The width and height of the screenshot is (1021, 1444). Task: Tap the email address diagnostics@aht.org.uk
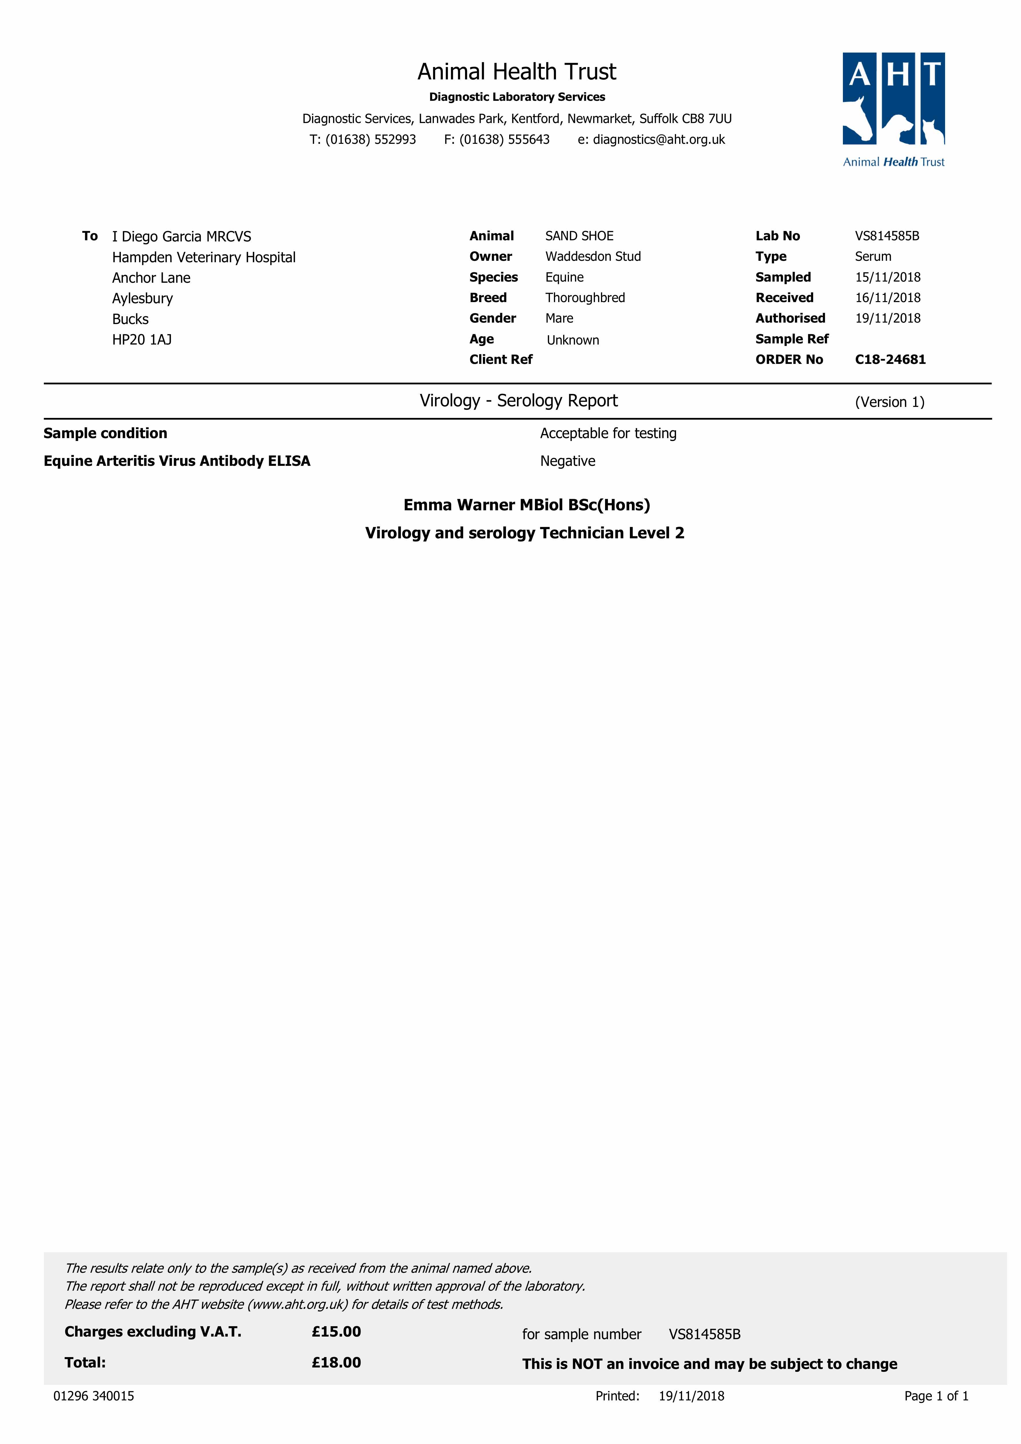[x=658, y=139]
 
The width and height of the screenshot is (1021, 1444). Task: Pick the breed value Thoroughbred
[x=585, y=297]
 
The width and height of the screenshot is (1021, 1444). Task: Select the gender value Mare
[x=559, y=318]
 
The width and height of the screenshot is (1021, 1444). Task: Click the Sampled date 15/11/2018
[x=887, y=277]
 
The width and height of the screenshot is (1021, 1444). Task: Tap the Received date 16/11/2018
[x=887, y=297]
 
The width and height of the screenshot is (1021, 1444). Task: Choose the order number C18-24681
[x=890, y=360]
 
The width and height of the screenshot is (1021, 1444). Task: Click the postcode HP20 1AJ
[x=141, y=340]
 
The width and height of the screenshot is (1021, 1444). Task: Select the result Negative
[x=567, y=461]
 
